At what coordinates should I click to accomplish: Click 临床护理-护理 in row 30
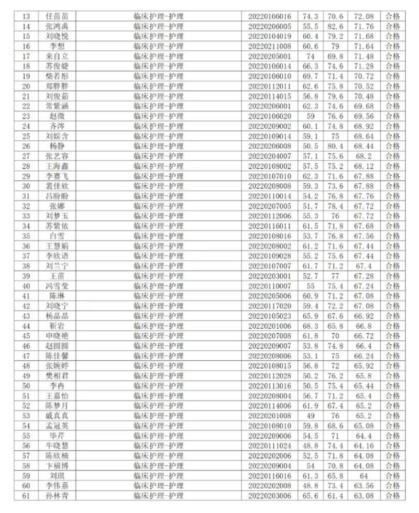159,186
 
